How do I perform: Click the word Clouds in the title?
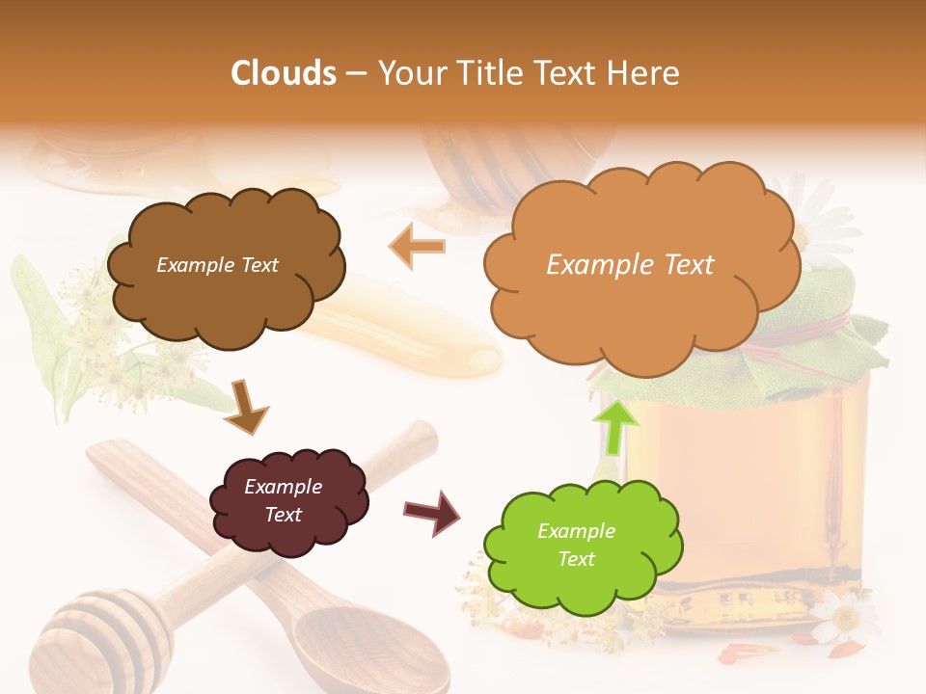coord(283,73)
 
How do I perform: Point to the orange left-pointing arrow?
coord(417,247)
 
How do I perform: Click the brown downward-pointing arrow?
coord(247,407)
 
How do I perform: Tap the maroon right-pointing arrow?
coord(432,512)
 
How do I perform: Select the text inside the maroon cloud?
coord(283,500)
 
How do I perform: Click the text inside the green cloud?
coord(576,545)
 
